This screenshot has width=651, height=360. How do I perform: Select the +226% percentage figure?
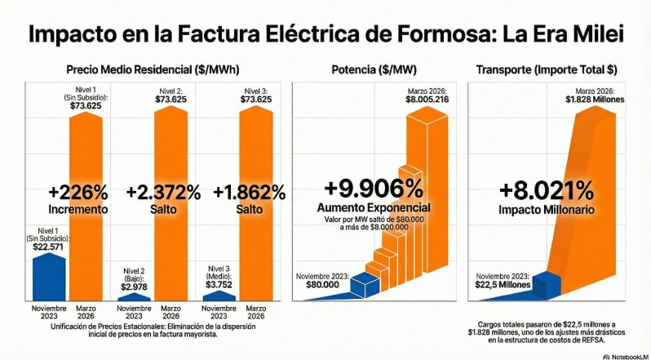[x=78, y=193]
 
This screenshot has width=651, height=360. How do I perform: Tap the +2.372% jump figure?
[x=164, y=193]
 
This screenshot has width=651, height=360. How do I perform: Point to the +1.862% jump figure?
[x=249, y=193]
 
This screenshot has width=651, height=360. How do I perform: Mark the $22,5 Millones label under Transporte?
[x=503, y=285]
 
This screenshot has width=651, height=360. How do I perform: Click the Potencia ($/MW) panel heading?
[x=376, y=69]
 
